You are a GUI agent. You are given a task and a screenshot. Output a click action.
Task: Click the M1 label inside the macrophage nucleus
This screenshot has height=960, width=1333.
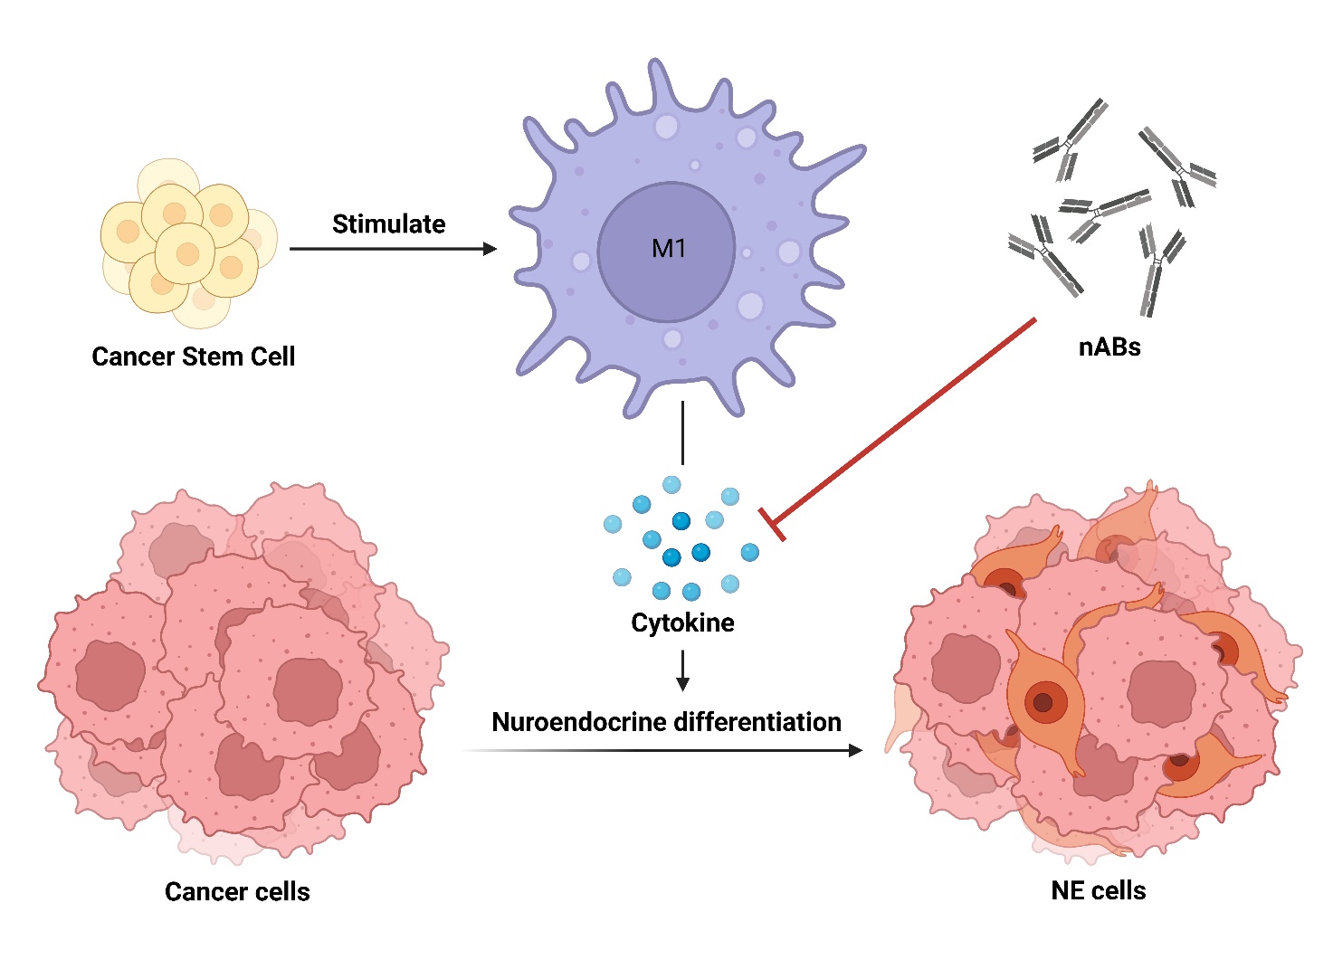[x=669, y=249]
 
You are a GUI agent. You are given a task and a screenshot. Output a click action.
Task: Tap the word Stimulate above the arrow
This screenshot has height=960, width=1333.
[x=388, y=224]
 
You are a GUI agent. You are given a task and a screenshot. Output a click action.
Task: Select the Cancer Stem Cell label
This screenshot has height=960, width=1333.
[x=193, y=356]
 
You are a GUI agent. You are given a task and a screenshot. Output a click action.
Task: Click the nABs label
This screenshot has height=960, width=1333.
[x=1109, y=347]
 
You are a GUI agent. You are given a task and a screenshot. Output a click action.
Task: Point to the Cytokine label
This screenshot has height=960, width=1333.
[x=682, y=623]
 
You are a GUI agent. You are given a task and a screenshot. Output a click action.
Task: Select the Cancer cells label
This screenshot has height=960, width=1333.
[x=237, y=892]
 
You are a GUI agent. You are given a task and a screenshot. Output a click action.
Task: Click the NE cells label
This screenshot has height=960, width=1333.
[x=1098, y=891]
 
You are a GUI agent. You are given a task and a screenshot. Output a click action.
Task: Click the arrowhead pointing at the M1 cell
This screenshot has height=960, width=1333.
[x=490, y=249]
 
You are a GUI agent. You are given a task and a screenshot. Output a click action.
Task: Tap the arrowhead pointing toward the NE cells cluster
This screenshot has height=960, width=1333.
[x=854, y=750]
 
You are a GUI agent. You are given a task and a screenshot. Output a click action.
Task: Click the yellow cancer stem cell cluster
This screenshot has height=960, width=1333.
[x=187, y=242]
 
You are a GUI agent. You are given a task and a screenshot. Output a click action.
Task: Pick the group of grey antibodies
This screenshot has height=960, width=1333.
[x=1111, y=208]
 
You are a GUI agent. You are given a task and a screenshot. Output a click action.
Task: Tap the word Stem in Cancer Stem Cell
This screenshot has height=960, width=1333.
[x=213, y=356]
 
